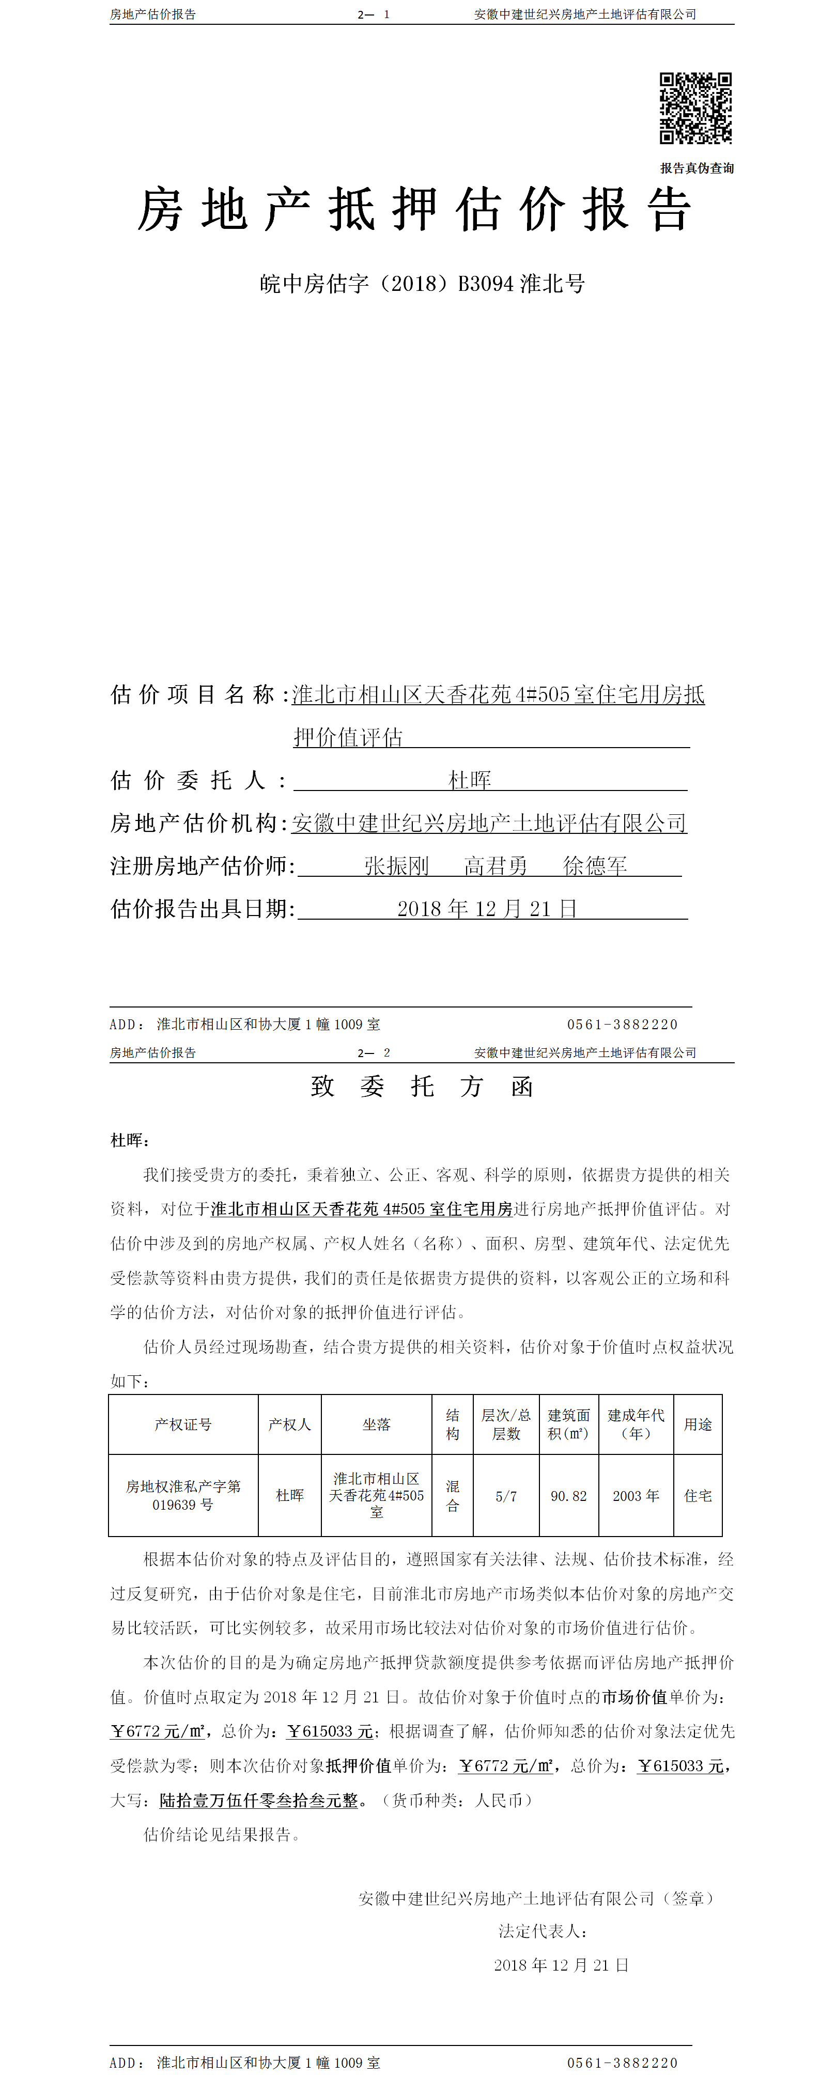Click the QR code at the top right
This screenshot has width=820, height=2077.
point(695,108)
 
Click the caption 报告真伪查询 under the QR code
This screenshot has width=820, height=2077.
point(697,168)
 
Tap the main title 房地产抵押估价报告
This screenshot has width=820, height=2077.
point(414,210)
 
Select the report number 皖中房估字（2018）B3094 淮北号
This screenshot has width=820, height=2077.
point(422,284)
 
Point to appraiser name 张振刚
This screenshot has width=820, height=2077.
point(396,866)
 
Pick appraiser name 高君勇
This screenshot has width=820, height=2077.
point(496,866)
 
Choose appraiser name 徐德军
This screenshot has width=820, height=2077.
point(595,866)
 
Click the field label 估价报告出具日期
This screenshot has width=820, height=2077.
point(202,909)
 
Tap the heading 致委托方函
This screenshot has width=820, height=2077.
point(422,1086)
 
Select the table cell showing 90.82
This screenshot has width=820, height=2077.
point(568,1496)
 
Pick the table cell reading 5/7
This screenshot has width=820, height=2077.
point(505,1496)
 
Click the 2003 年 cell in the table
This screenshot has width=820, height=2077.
point(636,1496)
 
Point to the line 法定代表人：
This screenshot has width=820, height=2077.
point(543,1931)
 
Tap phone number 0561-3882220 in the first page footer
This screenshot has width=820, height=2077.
point(622,1024)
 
